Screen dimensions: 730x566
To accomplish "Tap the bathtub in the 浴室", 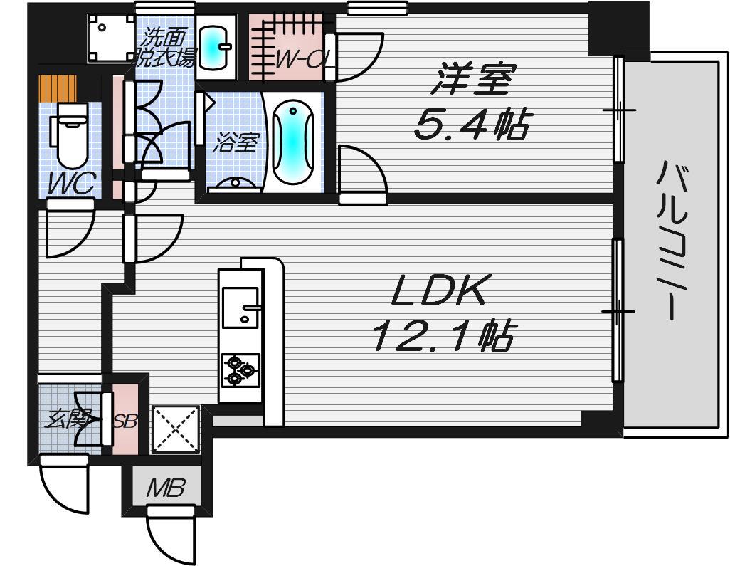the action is coord(293,144).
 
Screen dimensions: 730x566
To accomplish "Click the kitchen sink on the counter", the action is coord(240,307).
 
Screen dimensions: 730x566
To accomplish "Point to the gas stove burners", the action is coord(240,370).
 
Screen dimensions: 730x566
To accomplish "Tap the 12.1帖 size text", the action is coord(443,335).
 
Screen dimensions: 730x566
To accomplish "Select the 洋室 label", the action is coord(473,79).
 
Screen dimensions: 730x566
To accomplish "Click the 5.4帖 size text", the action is coord(471,124).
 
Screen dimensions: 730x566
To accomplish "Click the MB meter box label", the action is coord(166,488).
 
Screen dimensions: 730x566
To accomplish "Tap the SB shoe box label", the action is coord(126,421).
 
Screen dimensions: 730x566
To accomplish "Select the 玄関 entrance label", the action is coord(68,420).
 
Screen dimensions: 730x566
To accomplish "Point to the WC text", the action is coord(72,184).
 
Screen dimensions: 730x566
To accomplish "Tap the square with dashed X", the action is coord(175,429).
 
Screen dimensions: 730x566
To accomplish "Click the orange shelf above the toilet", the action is coord(58,88).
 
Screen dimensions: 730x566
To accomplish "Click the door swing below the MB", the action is coord(170,535).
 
